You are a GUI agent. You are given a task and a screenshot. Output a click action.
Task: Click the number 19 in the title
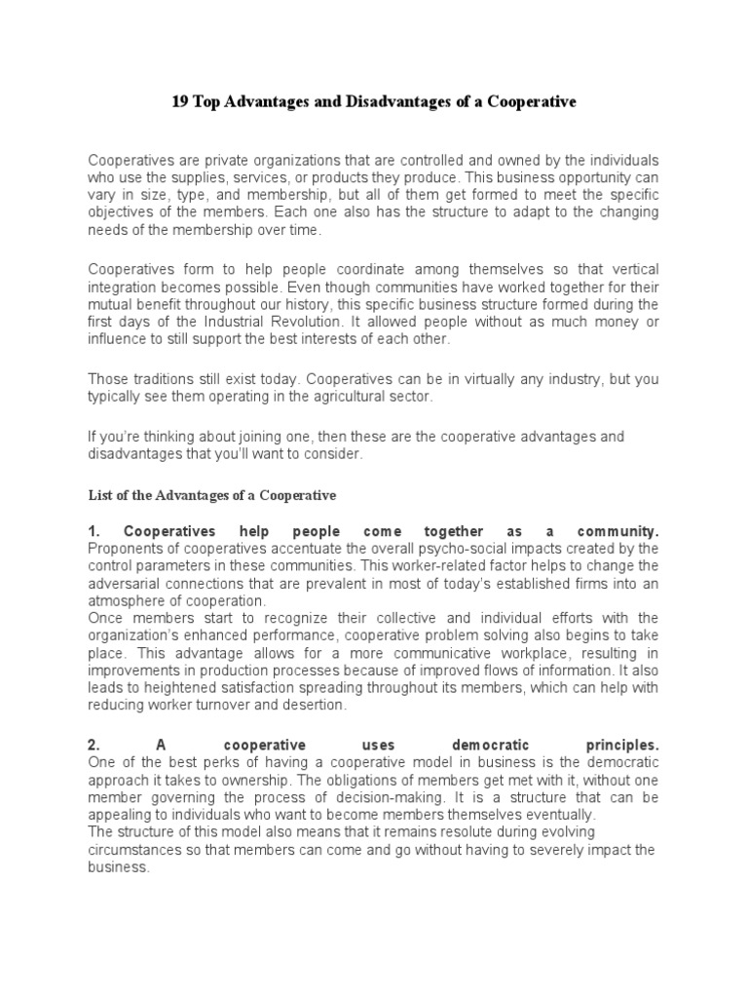pos(180,101)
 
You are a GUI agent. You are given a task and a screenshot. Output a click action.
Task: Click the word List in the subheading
pos(99,495)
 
